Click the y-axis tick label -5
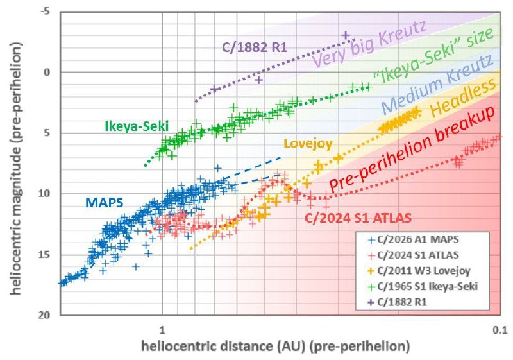point(45,11)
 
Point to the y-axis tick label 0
point(47,72)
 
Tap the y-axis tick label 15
point(45,254)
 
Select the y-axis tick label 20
point(45,315)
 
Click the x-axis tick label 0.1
point(500,330)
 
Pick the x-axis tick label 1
point(162,330)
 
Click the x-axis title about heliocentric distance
point(276,347)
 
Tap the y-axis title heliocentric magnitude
point(17,168)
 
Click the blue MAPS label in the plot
point(104,203)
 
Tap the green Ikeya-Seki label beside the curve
point(137,126)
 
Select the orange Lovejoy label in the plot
point(308,143)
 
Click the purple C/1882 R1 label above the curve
point(255,47)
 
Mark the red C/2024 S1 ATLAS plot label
point(358,218)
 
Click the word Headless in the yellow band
point(462,98)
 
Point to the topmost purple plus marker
point(346,35)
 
